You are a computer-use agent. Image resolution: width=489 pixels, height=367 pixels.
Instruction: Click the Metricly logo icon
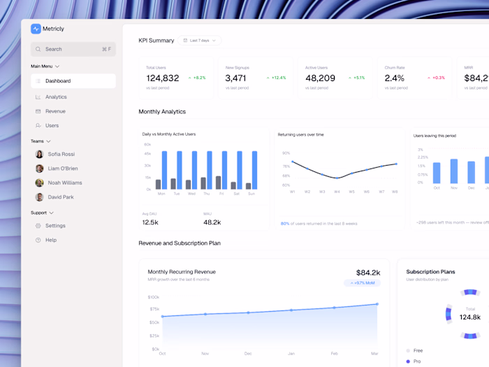(36, 29)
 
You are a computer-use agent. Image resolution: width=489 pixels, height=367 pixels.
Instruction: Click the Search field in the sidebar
(73, 49)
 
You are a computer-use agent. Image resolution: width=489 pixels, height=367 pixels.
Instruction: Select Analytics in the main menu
(56, 97)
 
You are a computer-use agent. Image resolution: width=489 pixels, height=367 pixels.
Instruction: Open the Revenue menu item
(55, 111)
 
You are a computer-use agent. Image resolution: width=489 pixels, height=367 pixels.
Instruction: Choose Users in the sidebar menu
(52, 126)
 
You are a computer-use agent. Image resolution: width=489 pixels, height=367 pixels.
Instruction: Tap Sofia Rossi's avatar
(40, 154)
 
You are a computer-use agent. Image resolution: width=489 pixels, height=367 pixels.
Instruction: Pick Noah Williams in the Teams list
(64, 183)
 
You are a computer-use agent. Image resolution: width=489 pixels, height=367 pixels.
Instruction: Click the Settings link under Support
(55, 226)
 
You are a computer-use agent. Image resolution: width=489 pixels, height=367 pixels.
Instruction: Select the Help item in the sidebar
(50, 240)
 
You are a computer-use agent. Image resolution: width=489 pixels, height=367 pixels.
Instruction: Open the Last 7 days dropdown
(199, 41)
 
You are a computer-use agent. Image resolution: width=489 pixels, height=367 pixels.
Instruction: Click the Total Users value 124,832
(162, 78)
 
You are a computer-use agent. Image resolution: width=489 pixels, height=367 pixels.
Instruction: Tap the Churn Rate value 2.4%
(394, 78)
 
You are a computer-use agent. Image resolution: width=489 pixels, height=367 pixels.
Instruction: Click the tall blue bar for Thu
(209, 170)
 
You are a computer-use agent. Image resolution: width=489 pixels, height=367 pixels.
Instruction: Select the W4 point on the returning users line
(337, 178)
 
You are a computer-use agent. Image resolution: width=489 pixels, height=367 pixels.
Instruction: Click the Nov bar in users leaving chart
(454, 171)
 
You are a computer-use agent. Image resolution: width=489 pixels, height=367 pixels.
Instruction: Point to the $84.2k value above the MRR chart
(367, 273)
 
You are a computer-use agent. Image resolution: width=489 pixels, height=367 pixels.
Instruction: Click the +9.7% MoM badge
(362, 283)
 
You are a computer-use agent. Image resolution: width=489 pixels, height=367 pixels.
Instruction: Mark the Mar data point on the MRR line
(377, 304)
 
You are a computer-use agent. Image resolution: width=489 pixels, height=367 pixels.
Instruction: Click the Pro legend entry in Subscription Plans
(418, 361)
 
